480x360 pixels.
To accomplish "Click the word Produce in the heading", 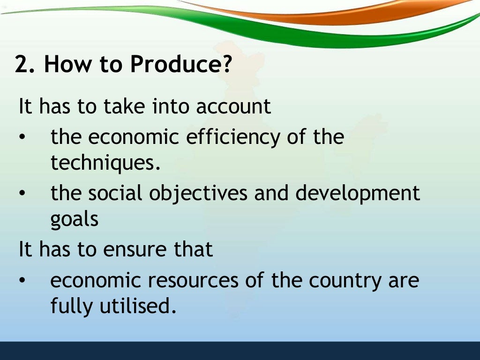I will pyautogui.click(x=180, y=65).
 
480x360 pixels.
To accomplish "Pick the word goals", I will pyautogui.click(x=74, y=220).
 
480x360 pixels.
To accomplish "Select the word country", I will pyautogui.click(x=343, y=280).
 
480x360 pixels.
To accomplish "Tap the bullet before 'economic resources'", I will pyautogui.click(x=22, y=281).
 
